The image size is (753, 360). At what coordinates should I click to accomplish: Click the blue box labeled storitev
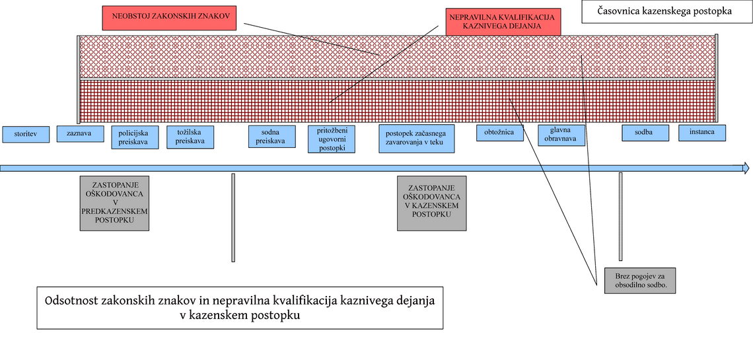tap(26, 134)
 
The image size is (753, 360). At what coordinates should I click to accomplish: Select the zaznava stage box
tap(80, 133)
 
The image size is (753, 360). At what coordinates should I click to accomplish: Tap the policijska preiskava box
tap(135, 137)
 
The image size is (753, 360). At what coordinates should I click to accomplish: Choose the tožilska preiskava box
tap(190, 137)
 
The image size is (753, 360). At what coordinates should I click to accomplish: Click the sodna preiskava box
tap(272, 136)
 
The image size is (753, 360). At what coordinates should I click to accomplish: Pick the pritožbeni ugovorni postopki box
tap(332, 139)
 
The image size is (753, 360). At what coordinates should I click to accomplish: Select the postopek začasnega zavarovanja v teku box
tap(417, 139)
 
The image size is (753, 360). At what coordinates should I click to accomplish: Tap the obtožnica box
tap(500, 133)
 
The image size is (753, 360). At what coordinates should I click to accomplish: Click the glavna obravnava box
tap(561, 135)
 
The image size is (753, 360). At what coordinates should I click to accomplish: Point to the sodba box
tap(645, 133)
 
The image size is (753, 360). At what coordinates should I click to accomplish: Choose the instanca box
tap(702, 133)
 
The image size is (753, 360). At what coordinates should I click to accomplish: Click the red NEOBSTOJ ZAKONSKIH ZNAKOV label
tap(172, 18)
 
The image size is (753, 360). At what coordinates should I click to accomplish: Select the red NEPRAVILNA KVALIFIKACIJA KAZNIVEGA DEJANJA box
tap(502, 22)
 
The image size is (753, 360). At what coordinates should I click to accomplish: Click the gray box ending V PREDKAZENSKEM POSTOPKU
tap(114, 203)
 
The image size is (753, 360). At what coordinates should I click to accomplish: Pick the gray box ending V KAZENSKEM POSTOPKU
tap(432, 203)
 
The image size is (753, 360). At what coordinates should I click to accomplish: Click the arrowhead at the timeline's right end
tap(746, 168)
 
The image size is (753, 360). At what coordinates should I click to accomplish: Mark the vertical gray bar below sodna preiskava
tap(233, 218)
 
